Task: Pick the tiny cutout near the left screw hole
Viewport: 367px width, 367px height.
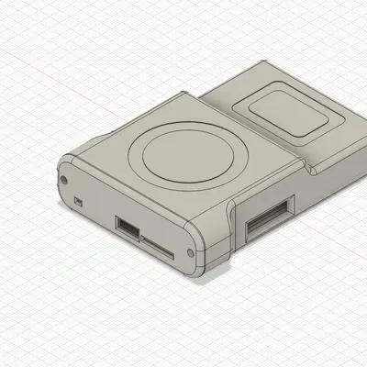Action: pyautogui.click(x=78, y=199)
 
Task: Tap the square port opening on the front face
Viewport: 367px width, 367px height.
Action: pyautogui.click(x=127, y=226)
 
